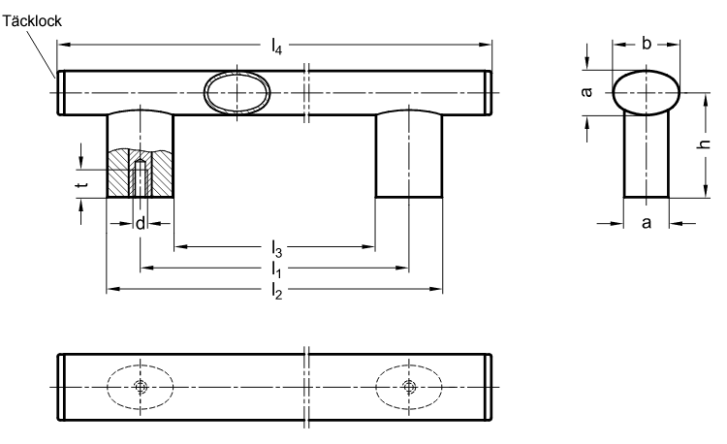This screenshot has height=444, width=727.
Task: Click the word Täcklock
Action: pyautogui.click(x=32, y=21)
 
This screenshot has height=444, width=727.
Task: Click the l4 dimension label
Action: pyautogui.click(x=276, y=47)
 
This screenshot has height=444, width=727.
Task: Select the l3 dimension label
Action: pyautogui.click(x=276, y=249)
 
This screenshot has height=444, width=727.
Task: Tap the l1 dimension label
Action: pyautogui.click(x=276, y=270)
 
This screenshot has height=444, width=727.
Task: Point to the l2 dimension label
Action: pyautogui.click(x=276, y=292)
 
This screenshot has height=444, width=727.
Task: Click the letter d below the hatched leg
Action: pyautogui.click(x=140, y=223)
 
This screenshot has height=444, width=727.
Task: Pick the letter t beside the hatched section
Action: pyautogui.click(x=82, y=184)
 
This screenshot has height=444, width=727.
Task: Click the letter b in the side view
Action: pyautogui.click(x=647, y=43)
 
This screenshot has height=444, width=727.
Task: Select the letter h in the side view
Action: pyautogui.click(x=704, y=143)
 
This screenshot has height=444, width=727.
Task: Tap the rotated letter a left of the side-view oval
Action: pyautogui.click(x=586, y=92)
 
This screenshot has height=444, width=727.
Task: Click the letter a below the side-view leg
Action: pyautogui.click(x=647, y=223)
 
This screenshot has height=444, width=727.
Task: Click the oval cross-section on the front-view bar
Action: pyautogui.click(x=237, y=93)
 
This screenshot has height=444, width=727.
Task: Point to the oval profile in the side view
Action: pyautogui.click(x=647, y=92)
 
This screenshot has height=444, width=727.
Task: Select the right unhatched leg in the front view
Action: pyautogui.click(x=408, y=154)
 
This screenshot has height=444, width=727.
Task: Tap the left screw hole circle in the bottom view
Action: pyautogui.click(x=140, y=386)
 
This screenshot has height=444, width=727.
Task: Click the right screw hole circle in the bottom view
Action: pyautogui.click(x=408, y=386)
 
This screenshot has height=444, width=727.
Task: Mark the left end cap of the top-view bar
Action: pyautogui.click(x=60, y=92)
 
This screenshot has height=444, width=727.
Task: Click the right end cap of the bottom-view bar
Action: pyautogui.click(x=489, y=387)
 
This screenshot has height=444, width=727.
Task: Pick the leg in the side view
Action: pyautogui.click(x=647, y=155)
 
